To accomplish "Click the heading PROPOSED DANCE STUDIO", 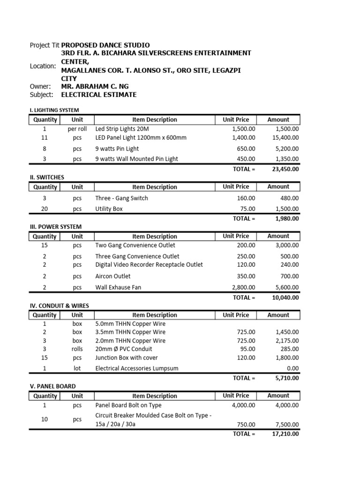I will (x=105, y=45).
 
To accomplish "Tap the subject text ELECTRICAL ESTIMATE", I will (x=99, y=95).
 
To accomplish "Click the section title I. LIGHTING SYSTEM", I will (x=54, y=110).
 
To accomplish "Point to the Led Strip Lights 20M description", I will (x=122, y=129).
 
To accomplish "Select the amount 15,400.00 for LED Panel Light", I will (x=285, y=137).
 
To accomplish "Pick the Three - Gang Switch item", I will (x=121, y=198).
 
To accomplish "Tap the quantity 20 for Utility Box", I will (x=45, y=209).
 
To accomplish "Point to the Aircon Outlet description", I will (x=113, y=277).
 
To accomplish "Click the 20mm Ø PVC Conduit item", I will (x=124, y=349).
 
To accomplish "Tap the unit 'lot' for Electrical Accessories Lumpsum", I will (x=77, y=368).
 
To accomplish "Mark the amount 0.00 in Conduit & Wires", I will (x=292, y=368).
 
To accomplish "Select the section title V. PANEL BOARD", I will (x=52, y=387).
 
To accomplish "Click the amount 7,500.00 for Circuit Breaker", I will (x=287, y=425).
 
